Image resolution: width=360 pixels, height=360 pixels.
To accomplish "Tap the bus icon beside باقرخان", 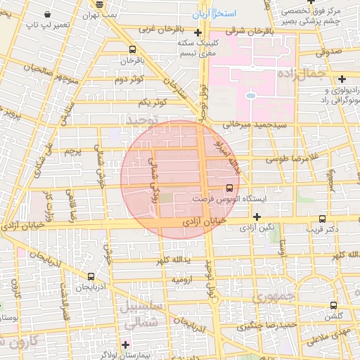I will [x=133, y=49].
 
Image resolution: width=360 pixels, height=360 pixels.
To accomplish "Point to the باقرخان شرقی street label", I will [x=257, y=32].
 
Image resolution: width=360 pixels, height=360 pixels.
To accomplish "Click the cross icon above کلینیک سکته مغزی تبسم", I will [x=198, y=33].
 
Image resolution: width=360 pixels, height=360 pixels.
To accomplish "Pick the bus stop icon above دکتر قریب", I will [x=323, y=219].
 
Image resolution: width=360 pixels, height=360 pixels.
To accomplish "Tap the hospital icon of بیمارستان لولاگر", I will [x=126, y=345].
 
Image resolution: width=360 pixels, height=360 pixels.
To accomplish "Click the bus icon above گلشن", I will [x=333, y=306].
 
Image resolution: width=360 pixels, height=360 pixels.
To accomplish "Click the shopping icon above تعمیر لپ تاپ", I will [x=47, y=14].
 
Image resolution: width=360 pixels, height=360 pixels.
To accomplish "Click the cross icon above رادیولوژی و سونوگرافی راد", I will [x=342, y=79].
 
